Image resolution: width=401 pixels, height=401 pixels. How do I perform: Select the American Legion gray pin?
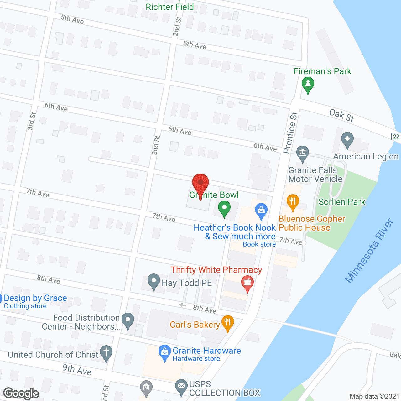(347, 140)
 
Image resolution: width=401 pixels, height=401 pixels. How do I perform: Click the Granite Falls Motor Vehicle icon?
(302, 154)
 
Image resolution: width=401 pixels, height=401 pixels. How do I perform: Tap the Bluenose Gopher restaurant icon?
(293, 202)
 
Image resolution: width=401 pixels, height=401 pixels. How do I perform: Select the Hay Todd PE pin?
(154, 281)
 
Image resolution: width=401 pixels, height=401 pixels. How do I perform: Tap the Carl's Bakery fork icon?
(228, 323)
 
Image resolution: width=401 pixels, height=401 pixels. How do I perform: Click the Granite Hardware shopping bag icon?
(164, 352)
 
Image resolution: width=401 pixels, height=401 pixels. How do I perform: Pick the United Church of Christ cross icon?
(106, 353)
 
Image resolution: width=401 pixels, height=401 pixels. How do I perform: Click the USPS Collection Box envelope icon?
(181, 386)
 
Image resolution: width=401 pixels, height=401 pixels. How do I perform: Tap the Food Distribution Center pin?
(128, 320)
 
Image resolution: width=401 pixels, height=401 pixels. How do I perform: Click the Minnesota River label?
(369, 251)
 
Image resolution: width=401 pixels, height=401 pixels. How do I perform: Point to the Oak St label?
(341, 115)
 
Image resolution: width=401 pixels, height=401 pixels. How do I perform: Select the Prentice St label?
(290, 133)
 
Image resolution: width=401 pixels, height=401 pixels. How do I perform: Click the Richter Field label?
(170, 7)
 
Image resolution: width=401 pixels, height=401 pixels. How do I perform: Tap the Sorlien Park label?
(342, 202)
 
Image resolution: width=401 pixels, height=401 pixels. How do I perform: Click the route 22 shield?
(396, 136)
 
